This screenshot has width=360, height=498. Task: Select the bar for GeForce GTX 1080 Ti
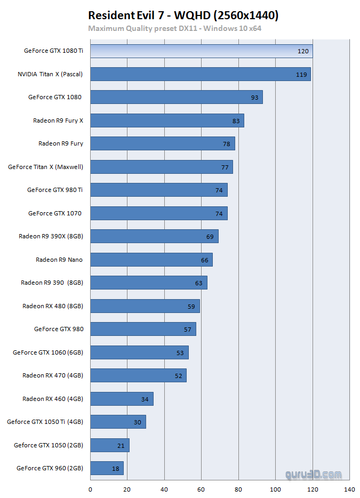coord(201,51)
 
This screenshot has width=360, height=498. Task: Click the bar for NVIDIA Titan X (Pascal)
coord(200,74)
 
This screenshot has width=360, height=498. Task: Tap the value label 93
coord(254,98)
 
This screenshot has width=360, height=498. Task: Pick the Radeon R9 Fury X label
coord(58,121)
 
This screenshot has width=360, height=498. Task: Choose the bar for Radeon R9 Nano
coord(151,260)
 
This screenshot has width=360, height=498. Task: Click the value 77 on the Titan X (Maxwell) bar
coord(225,167)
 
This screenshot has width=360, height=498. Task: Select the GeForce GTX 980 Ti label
coord(55,190)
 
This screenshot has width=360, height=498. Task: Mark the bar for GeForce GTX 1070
coord(158,213)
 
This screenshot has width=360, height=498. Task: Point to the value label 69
coord(210,237)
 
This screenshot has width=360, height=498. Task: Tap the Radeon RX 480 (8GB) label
coord(53,306)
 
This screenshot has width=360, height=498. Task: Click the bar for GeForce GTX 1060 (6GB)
coord(139,352)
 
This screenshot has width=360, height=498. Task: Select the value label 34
coord(145,399)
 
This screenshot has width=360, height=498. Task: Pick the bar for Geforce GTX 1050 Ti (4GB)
coord(118,422)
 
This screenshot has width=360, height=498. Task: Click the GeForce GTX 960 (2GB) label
coord(50,468)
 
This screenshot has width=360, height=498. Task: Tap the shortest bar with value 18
coord(107,468)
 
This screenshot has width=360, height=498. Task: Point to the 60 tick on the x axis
coord(201,489)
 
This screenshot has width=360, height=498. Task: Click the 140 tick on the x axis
coord(349,489)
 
